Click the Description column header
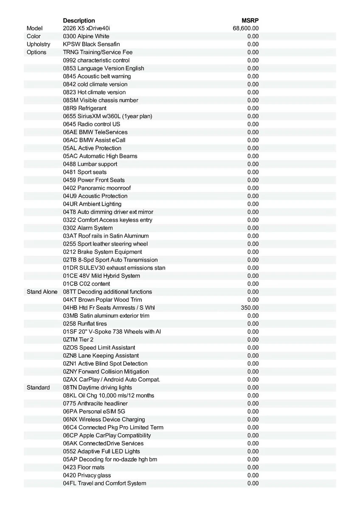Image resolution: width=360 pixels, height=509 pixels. point(79,20)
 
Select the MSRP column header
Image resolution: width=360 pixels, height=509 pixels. point(250,20)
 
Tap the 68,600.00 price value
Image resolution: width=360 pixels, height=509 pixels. point(246,28)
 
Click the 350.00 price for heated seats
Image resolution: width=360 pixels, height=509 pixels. point(250,308)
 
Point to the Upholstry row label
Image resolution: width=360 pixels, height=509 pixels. point(38,44)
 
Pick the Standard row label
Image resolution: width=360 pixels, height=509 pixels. point(38,387)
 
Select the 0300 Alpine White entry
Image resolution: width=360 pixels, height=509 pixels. point(86,36)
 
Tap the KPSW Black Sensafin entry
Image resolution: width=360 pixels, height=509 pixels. point(91,44)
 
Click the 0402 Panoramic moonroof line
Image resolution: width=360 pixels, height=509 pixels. point(97,188)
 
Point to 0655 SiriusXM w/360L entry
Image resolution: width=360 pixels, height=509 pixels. point(107,116)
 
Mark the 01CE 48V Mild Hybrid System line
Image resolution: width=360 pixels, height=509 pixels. point(101,276)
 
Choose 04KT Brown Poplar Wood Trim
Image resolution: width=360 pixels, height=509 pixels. point(102,300)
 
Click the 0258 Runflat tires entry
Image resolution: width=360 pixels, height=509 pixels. point(85,324)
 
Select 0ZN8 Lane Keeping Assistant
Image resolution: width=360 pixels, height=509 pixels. point(101,355)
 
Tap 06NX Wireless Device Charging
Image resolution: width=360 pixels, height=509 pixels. point(104,420)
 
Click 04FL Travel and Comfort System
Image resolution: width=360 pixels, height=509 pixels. point(104,483)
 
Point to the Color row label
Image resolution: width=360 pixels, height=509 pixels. point(34,36)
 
